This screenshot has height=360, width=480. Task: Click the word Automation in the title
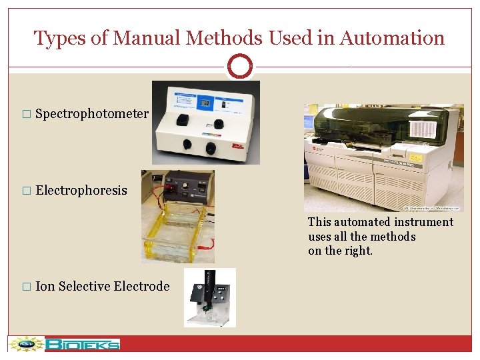392,38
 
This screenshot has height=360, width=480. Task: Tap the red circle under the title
240,67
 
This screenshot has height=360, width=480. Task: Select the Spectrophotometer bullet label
92,114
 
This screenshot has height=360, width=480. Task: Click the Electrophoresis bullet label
81,191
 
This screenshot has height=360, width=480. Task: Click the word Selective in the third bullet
84,287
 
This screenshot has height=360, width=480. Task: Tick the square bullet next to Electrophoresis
27,191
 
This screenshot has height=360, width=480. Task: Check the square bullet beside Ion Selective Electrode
27,287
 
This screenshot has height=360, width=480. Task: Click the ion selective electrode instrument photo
210,297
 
